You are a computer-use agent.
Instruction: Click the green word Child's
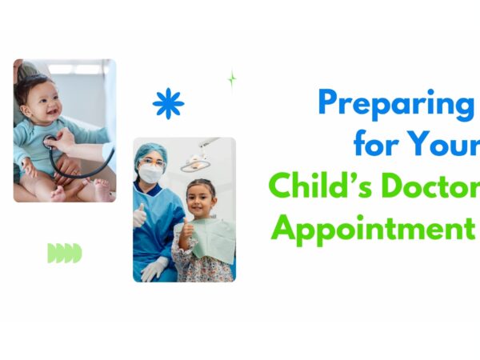click(x=321, y=185)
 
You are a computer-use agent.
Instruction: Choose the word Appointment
click(x=373, y=230)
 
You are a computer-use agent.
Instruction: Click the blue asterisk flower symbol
click(x=168, y=103)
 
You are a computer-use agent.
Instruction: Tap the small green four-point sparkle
click(x=232, y=79)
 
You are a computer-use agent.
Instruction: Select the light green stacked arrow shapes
click(x=65, y=253)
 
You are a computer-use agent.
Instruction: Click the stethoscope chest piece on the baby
click(x=50, y=142)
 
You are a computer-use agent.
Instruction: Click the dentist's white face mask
click(x=150, y=173)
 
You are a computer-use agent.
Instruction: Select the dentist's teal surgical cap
click(x=151, y=153)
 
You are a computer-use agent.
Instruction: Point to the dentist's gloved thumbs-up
click(x=139, y=215)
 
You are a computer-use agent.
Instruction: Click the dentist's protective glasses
click(x=151, y=162)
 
